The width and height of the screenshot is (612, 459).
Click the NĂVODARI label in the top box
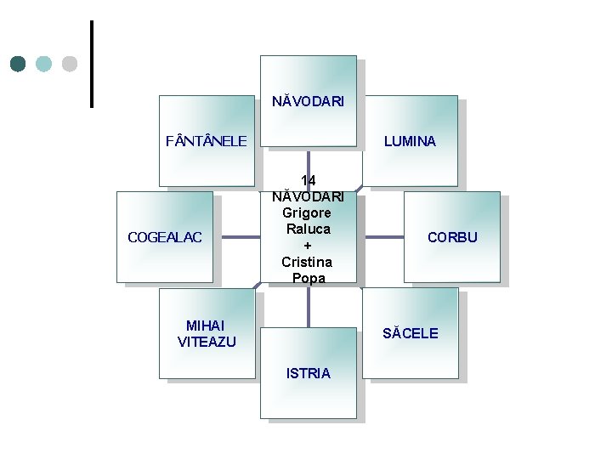click(308, 101)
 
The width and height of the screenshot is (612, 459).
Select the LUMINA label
click(410, 141)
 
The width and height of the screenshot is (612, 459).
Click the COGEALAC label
click(165, 237)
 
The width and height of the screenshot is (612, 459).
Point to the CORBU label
click(452, 237)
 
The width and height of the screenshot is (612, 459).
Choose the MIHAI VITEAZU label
click(207, 333)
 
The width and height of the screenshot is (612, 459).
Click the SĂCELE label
click(410, 333)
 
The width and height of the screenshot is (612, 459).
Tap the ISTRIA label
click(308, 373)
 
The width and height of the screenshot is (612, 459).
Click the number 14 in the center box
click(308, 181)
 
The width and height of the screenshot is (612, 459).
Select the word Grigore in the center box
click(308, 213)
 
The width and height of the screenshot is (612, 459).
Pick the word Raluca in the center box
click(308, 229)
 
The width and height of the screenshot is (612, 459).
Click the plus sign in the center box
click(308, 246)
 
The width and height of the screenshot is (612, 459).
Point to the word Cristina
click(308, 262)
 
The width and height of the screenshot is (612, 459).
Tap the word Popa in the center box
click(308, 278)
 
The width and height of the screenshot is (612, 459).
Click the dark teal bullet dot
click(19, 64)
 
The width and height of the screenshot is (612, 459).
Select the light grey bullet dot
click(70, 64)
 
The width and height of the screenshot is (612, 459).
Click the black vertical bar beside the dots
click(91, 64)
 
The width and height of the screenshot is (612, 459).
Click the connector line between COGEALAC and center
click(235, 238)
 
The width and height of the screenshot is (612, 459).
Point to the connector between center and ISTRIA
click(308, 306)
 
